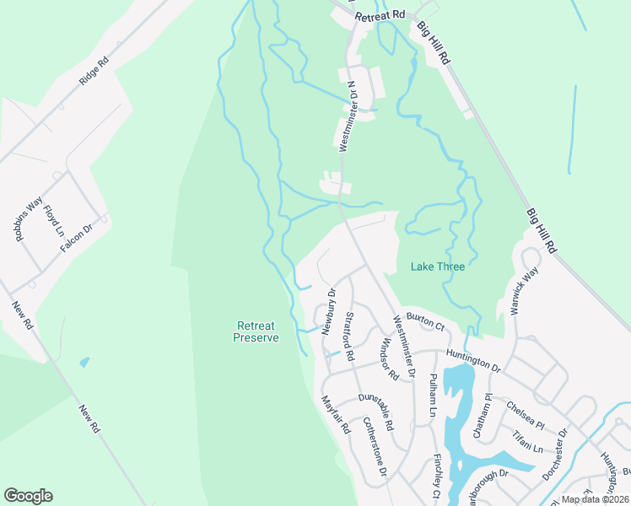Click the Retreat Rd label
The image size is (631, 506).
click(380, 15)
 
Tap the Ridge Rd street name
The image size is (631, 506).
click(94, 71)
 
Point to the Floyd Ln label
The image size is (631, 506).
click(54, 220)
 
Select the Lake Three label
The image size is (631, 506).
click(437, 266)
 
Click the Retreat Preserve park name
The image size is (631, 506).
click(256, 331)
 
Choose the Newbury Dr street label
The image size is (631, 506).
click(329, 311)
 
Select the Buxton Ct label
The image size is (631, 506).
click(425, 320)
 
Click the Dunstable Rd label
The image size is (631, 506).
click(376, 412)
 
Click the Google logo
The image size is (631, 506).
click(28, 496)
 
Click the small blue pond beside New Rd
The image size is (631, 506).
click(84, 362)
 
